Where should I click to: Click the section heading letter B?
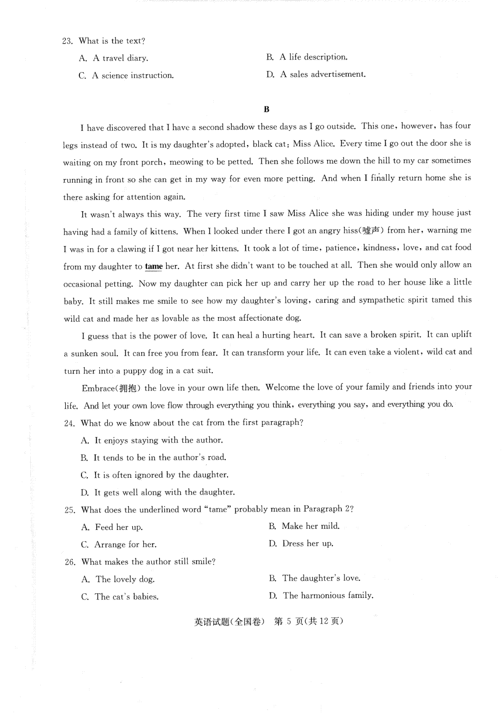click(x=266, y=110)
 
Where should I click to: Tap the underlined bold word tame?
click(x=154, y=266)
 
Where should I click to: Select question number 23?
click(x=68, y=41)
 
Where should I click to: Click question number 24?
click(x=69, y=423)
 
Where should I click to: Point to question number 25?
click(x=70, y=510)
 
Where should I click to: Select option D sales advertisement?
click(x=316, y=75)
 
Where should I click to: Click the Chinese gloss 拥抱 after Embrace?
click(x=128, y=388)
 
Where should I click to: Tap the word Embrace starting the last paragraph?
click(x=98, y=388)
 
